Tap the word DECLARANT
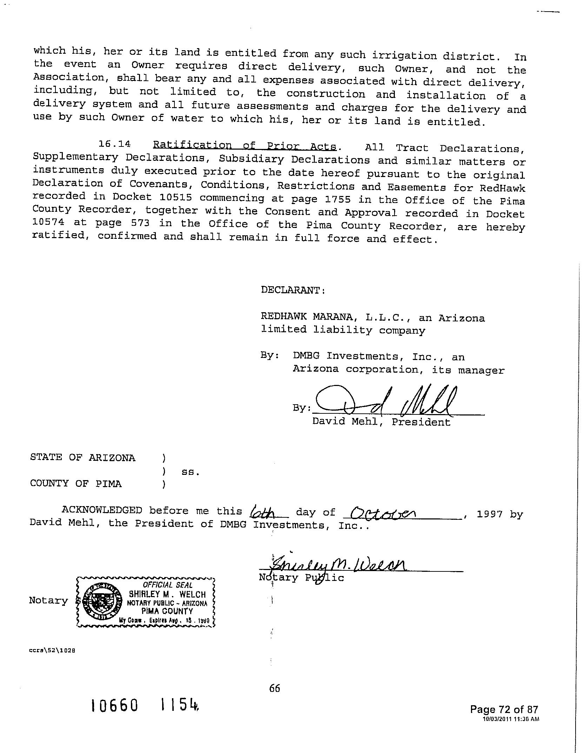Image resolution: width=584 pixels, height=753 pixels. [x=293, y=290]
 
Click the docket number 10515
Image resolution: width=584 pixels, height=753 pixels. [x=175, y=197]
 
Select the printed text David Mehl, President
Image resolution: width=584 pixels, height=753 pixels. [x=381, y=421]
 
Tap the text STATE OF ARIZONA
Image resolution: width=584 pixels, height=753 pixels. [x=83, y=458]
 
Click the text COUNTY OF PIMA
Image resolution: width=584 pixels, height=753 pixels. [x=76, y=484]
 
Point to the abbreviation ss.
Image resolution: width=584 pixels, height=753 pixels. [x=190, y=472]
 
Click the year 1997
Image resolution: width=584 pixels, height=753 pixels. [x=490, y=514]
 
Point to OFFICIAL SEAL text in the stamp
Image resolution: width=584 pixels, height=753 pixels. [x=167, y=585]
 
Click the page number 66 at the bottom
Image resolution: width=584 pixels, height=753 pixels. [x=274, y=688]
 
